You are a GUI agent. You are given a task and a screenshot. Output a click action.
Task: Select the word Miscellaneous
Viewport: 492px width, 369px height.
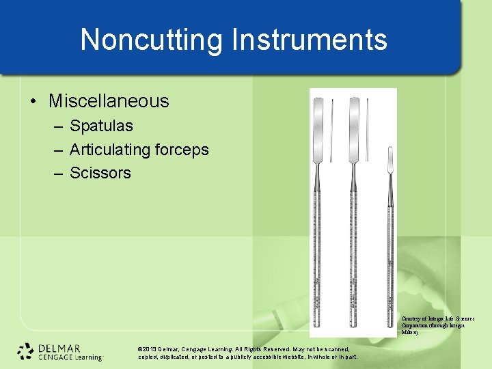point(109,101)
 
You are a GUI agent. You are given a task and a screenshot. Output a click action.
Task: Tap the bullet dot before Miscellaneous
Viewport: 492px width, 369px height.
point(33,102)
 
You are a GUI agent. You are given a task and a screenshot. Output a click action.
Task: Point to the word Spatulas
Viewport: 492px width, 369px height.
point(101,126)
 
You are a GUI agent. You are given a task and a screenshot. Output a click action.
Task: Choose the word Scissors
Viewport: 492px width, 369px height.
point(100,173)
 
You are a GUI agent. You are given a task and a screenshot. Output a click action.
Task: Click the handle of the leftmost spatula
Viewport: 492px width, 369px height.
point(319,260)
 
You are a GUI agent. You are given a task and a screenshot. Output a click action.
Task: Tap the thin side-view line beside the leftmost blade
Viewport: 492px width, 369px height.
point(332,130)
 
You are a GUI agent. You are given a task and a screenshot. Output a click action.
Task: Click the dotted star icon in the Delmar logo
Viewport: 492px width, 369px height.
point(26,351)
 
